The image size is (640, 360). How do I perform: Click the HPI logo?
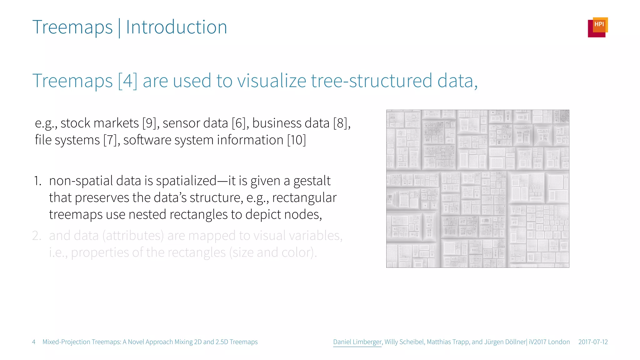[597, 27]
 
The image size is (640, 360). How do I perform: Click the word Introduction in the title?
[176, 27]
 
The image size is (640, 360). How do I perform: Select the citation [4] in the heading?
[127, 81]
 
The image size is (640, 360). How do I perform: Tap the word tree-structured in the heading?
[371, 81]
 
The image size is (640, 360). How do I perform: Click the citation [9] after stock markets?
[149, 123]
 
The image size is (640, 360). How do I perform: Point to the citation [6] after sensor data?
[239, 123]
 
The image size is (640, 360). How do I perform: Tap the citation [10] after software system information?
[296, 140]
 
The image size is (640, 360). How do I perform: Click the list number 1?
[37, 181]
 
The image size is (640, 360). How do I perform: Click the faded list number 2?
[37, 236]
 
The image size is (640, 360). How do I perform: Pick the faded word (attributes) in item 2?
[133, 236]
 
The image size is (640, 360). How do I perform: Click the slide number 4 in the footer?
[34, 342]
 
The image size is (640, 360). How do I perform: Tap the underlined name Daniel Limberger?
[357, 342]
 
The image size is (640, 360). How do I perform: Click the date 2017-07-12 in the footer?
[593, 342]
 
